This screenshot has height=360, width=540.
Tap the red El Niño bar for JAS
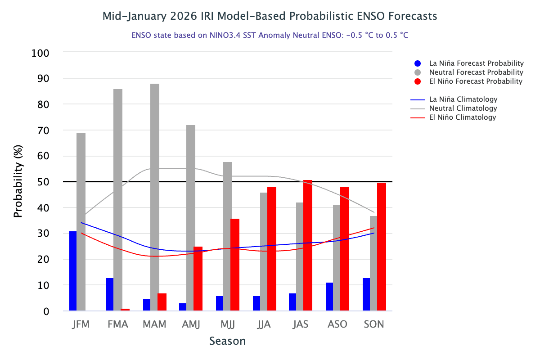coord(308,245)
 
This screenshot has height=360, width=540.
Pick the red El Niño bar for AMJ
coord(198,279)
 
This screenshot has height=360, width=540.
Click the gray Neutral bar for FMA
coord(117,200)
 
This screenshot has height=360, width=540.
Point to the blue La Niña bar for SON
coord(366,294)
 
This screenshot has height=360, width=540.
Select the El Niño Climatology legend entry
coord(463,117)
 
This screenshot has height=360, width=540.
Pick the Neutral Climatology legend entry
coord(463,108)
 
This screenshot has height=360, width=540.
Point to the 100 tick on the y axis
coord(40,53)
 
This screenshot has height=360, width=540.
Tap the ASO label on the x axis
coord(337,324)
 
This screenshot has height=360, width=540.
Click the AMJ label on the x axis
coord(191,324)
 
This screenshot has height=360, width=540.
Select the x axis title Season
coord(227,341)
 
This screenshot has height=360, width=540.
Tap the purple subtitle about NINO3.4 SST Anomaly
coord(270,35)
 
